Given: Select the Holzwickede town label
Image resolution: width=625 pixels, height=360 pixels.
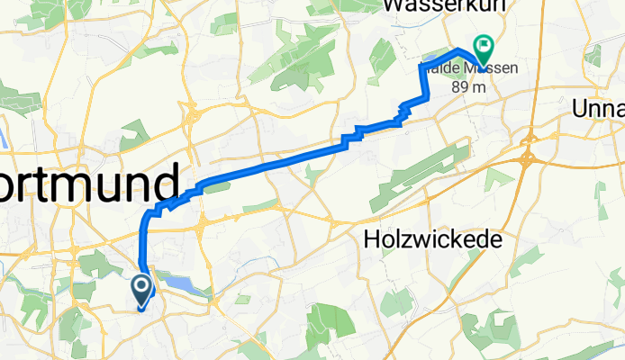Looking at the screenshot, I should point(432,238).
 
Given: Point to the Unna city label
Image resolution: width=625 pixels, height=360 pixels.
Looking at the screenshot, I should point(598,109).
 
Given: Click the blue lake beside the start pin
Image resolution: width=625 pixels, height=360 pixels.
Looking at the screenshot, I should point(184,284).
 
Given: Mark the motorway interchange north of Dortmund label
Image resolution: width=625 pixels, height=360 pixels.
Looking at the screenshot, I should point(191,116).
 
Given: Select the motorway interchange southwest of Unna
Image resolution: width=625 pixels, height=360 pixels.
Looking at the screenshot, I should point(526,160).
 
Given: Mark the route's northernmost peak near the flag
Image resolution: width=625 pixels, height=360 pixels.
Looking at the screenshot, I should point(459,49).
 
